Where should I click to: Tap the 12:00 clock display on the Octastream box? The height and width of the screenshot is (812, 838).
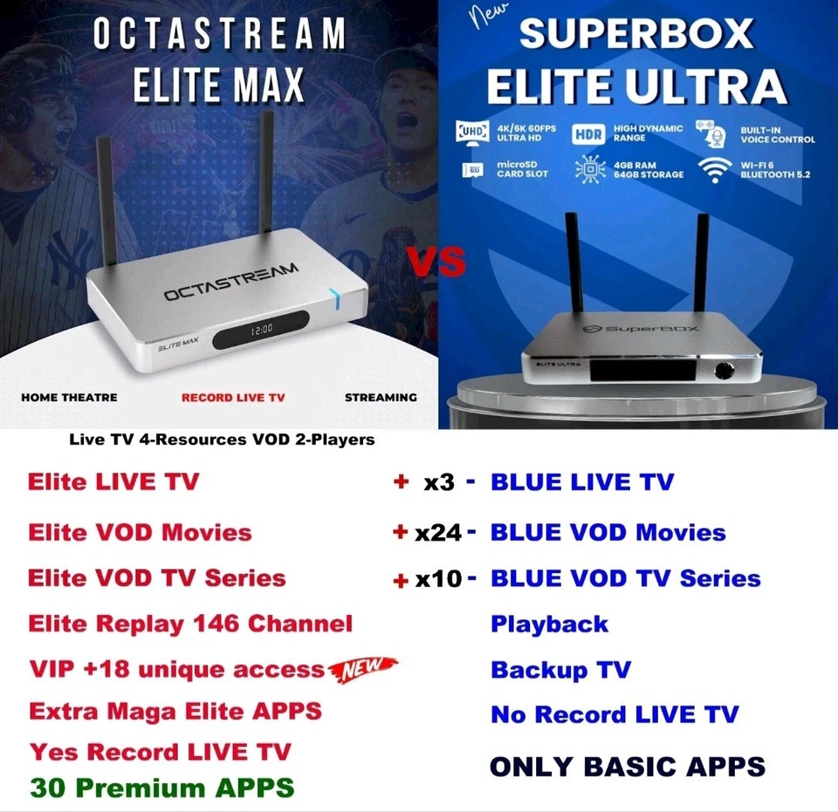tap(261, 330)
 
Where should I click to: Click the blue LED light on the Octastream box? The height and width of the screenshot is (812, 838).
tap(334, 298)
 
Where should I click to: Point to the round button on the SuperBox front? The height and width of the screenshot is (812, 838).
tap(725, 370)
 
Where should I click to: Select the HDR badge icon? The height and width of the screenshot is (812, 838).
tap(588, 134)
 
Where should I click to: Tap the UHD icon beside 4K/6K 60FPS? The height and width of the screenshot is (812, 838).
tap(472, 132)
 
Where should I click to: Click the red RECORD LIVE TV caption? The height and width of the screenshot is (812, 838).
tap(233, 398)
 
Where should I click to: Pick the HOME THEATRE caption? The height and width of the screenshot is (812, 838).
tap(70, 398)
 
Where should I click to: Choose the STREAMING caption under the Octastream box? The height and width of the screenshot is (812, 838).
tap(381, 398)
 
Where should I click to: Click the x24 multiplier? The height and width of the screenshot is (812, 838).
tap(437, 533)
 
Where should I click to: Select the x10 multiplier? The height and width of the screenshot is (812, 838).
tap(438, 579)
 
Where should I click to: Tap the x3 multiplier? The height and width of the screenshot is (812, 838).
tap(439, 482)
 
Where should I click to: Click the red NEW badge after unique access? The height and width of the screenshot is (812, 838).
tap(362, 668)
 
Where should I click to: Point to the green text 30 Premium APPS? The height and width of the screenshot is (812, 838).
tap(162, 788)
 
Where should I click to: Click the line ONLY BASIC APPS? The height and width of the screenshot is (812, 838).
tap(628, 767)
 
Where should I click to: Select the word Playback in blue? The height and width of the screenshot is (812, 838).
tap(549, 624)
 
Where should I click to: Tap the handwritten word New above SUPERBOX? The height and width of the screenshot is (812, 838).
tap(489, 16)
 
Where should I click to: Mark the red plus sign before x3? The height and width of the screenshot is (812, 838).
tap(401, 481)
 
